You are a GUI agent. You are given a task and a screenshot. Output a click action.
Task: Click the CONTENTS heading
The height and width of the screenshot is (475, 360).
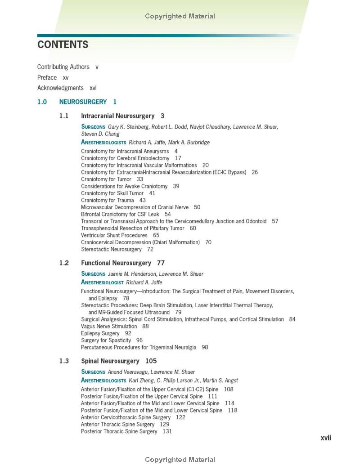pos(63,45)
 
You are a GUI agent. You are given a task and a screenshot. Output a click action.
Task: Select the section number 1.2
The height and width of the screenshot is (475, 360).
pos(64,263)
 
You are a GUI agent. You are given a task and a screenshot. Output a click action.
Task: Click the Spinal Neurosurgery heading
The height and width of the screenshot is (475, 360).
pos(110,361)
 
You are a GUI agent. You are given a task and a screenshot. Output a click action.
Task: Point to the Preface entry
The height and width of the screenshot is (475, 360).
pos(47,77)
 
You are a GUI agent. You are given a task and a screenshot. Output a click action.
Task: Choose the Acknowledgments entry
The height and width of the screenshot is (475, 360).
pos(60,88)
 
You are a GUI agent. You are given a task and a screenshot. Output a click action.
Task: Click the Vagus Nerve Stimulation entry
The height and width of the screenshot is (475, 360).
pos(109,327)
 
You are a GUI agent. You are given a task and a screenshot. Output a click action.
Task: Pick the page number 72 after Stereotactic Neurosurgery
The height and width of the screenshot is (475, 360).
pos(150,249)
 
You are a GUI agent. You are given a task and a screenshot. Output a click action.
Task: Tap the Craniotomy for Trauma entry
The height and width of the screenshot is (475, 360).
pos(107,200)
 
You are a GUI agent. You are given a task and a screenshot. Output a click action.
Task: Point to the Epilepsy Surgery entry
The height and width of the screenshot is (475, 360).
pos(100,333)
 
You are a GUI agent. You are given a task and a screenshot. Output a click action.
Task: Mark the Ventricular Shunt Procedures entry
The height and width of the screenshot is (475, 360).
pos(114,235)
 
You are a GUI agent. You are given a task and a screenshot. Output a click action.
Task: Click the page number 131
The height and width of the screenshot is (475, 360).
pos(167,431)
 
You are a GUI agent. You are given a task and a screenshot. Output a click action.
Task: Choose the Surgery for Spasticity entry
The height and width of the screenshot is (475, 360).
pos(106,341)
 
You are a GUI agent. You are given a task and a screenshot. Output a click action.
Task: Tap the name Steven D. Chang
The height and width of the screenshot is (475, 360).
pos(100,134)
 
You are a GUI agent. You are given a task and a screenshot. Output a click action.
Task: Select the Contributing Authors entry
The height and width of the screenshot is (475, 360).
pos(63,67)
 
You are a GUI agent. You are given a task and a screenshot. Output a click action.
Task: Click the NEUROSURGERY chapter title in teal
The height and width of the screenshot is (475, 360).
pos(83,102)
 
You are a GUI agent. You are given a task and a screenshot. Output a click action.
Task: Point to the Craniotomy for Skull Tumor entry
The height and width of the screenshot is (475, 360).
pos(112,193)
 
